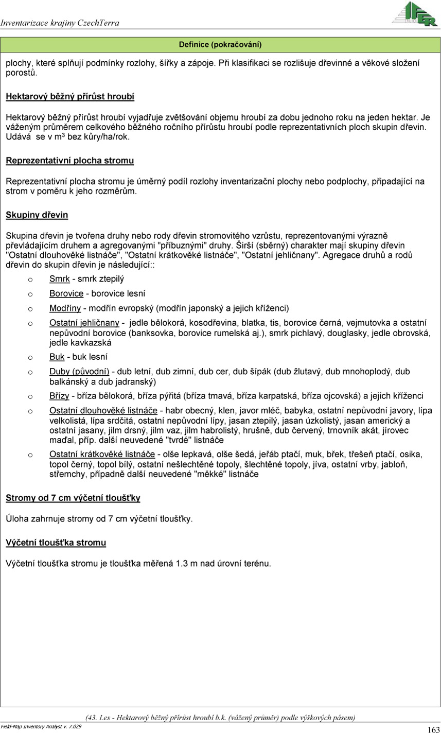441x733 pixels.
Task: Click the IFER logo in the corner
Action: (x=415, y=14)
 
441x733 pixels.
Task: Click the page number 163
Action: (x=433, y=729)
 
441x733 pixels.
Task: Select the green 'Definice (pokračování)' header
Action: (x=220, y=45)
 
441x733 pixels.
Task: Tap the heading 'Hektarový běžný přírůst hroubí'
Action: (x=70, y=96)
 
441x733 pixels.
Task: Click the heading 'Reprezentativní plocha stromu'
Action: (x=69, y=161)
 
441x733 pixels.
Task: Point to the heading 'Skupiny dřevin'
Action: (x=37, y=215)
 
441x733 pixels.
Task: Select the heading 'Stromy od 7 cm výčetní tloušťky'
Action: (x=73, y=498)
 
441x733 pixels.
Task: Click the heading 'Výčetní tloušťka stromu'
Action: (x=56, y=543)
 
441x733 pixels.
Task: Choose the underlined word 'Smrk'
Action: (x=60, y=279)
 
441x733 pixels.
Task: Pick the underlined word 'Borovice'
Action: (x=66, y=293)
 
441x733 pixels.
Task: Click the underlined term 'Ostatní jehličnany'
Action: (x=84, y=323)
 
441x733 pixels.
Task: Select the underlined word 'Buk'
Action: (x=57, y=357)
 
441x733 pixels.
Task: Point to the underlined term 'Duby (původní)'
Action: (x=79, y=371)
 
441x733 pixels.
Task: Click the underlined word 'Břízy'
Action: (x=59, y=396)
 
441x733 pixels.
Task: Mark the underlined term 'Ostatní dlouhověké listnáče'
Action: (x=103, y=410)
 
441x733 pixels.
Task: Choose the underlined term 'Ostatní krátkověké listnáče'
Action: (x=102, y=454)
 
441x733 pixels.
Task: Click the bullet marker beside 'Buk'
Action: (x=31, y=357)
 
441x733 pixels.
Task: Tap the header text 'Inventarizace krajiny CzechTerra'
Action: (x=60, y=23)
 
